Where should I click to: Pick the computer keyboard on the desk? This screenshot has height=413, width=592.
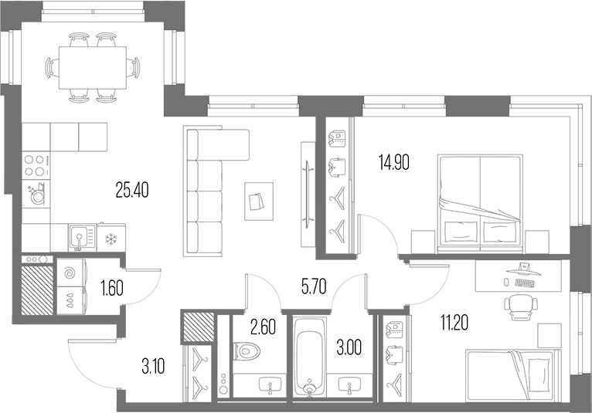524,283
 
